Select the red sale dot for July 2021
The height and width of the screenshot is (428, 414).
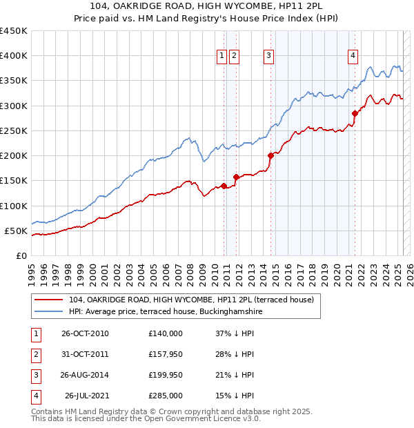point(355,113)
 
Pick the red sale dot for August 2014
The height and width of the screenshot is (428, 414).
point(270,155)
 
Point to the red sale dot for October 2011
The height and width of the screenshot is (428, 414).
point(236,177)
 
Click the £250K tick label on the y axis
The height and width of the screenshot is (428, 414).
point(13,130)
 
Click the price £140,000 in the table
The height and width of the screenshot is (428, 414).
point(165,333)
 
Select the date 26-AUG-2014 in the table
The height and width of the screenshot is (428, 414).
point(84,375)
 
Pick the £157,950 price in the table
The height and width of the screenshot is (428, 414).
point(165,354)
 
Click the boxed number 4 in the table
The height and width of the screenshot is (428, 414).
point(35,396)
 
